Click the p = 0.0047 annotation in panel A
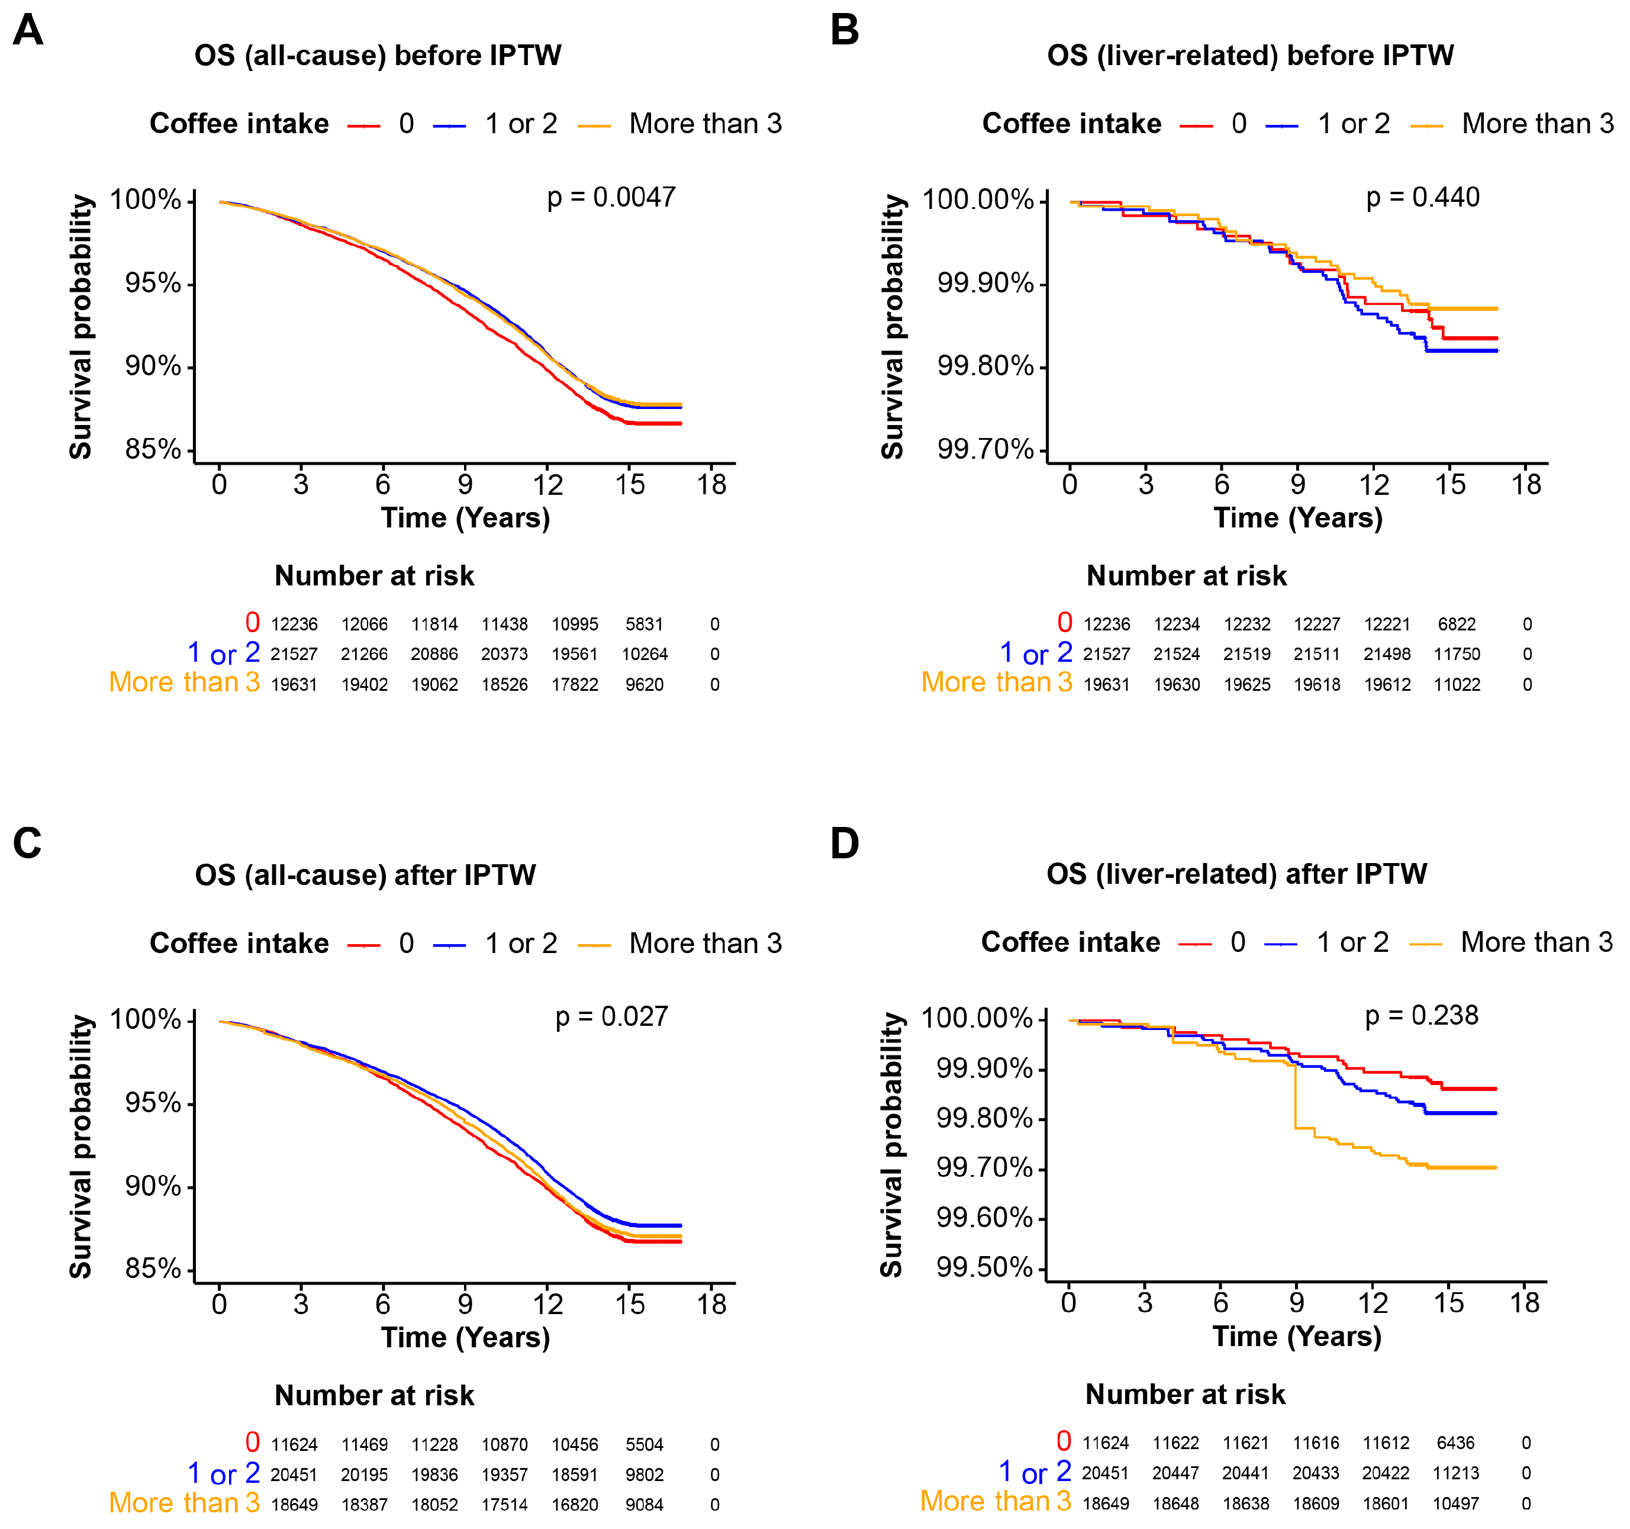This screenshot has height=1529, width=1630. pyautogui.click(x=611, y=198)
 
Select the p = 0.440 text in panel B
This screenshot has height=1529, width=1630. pyautogui.click(x=1423, y=198)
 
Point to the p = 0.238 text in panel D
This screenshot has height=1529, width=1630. pyautogui.click(x=1422, y=1016)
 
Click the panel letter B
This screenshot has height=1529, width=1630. pyautogui.click(x=845, y=30)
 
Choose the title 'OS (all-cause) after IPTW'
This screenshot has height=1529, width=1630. pyautogui.click(x=366, y=875)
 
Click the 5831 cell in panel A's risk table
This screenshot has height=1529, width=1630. pyautogui.click(x=645, y=625)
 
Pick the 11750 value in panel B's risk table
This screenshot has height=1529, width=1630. pyautogui.click(x=1457, y=654)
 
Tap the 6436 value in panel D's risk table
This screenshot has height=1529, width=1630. pyautogui.click(x=1455, y=1444)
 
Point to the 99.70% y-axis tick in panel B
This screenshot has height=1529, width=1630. pyautogui.click(x=985, y=449)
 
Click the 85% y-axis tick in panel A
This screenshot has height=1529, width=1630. pyautogui.click(x=153, y=449)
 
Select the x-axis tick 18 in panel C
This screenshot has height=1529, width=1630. pyautogui.click(x=711, y=1305)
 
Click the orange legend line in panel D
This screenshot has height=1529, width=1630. pyautogui.click(x=1426, y=945)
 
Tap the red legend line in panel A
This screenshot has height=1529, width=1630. pyautogui.click(x=364, y=125)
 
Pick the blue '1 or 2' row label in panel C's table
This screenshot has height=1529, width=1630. pyautogui.click(x=224, y=1474)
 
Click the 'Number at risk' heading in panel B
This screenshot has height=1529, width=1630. pyautogui.click(x=1187, y=577)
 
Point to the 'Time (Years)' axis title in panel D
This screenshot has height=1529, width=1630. pyautogui.click(x=1297, y=1337)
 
